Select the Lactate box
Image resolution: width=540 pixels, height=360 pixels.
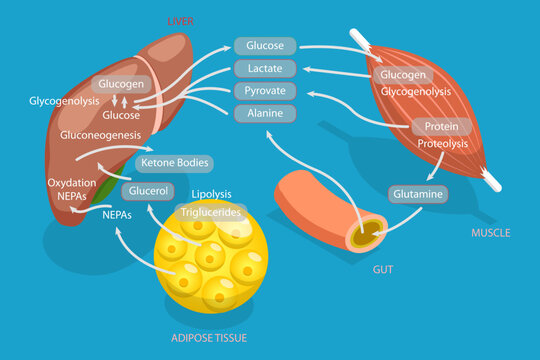[x=265, y=69]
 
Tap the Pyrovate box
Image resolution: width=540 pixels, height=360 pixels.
[x=265, y=91]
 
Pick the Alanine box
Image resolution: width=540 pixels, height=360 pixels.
[x=265, y=113]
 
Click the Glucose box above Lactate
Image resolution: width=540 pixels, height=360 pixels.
[x=265, y=46]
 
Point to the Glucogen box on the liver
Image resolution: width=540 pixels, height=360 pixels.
[x=120, y=84]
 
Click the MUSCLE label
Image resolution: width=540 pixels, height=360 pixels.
[x=490, y=233]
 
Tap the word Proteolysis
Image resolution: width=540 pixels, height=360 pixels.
[x=442, y=144]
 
